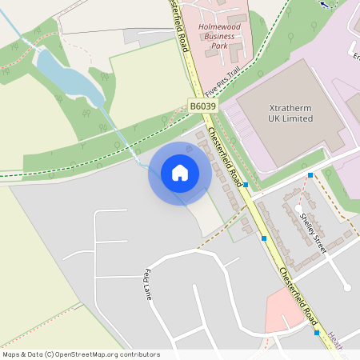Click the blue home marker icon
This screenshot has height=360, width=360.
(180, 172)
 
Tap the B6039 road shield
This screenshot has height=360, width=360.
(203, 105)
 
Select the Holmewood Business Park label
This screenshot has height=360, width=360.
(222, 36)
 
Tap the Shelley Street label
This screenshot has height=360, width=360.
(313, 232)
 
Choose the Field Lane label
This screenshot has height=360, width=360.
(148, 284)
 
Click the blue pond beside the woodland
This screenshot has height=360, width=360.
(68, 76)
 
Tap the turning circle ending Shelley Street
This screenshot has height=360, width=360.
(346, 286)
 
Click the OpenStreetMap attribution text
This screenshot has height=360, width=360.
(81, 354)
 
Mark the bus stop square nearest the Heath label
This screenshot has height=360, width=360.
(317, 333)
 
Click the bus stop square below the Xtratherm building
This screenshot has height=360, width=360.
(310, 174)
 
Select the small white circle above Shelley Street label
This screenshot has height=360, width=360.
(298, 209)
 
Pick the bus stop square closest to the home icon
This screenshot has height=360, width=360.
(246, 184)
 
